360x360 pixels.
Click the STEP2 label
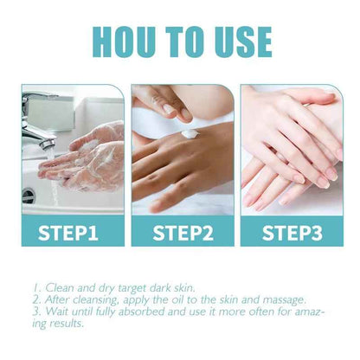coord(182,231)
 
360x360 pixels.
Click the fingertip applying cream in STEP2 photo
coord(184,113)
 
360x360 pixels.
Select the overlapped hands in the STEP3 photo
coord(290,151)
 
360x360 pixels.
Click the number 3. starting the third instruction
coord(35,311)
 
